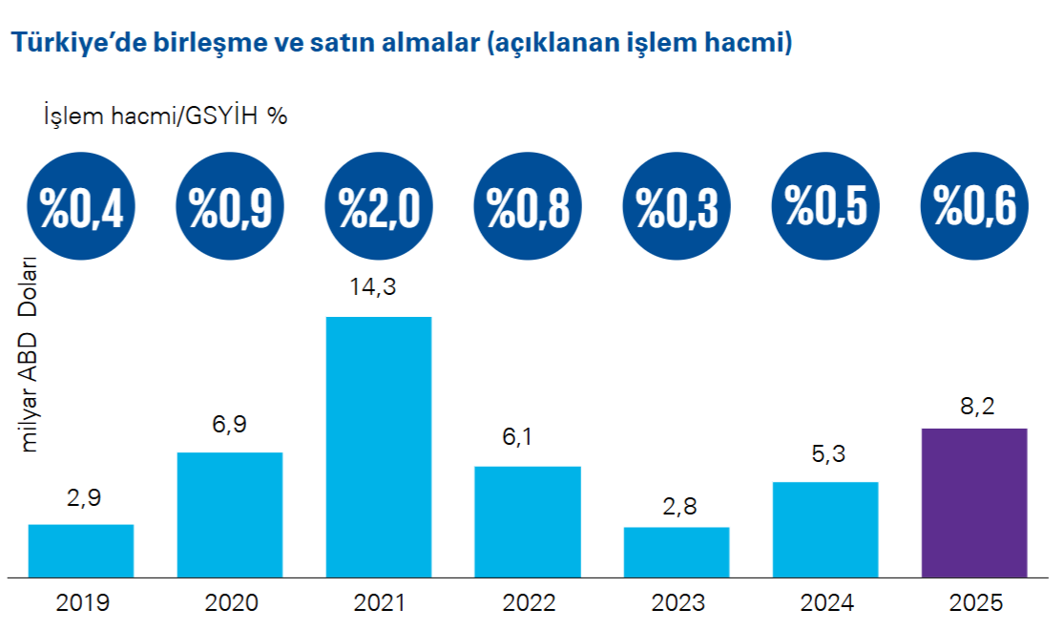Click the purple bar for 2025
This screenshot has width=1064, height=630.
tap(974, 502)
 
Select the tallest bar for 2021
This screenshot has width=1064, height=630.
tap(379, 447)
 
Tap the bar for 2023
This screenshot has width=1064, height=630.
tap(677, 552)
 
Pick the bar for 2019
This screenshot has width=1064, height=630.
tap(81, 551)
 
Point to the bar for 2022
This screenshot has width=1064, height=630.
tap(528, 521)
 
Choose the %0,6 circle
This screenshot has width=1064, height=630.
tap(974, 205)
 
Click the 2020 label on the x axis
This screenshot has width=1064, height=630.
tap(230, 603)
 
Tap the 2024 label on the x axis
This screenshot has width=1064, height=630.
tap(825, 603)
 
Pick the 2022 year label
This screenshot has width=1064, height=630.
tap(528, 603)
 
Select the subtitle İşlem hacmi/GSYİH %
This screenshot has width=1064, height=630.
tap(164, 115)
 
